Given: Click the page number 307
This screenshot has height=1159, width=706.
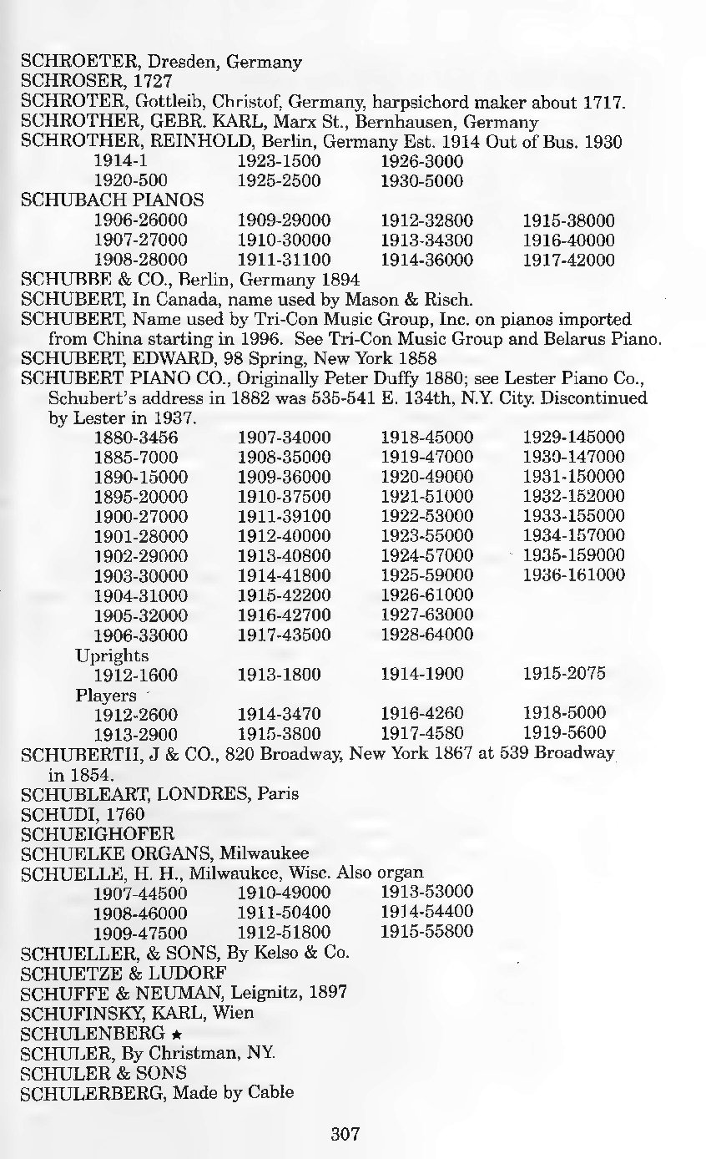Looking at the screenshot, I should [345, 1133].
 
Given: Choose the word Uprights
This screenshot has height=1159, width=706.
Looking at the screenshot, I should [112, 655].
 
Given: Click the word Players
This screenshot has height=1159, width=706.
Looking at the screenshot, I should [106, 695].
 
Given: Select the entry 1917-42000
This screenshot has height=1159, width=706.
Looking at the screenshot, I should [568, 260].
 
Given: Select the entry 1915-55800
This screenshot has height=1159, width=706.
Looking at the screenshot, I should [426, 930].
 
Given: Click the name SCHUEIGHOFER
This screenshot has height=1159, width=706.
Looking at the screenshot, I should [98, 833].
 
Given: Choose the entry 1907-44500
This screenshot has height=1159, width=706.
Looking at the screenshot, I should [141, 892].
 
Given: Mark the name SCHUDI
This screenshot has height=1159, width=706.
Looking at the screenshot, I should [59, 812].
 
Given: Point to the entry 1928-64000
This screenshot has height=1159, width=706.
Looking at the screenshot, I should [426, 635].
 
